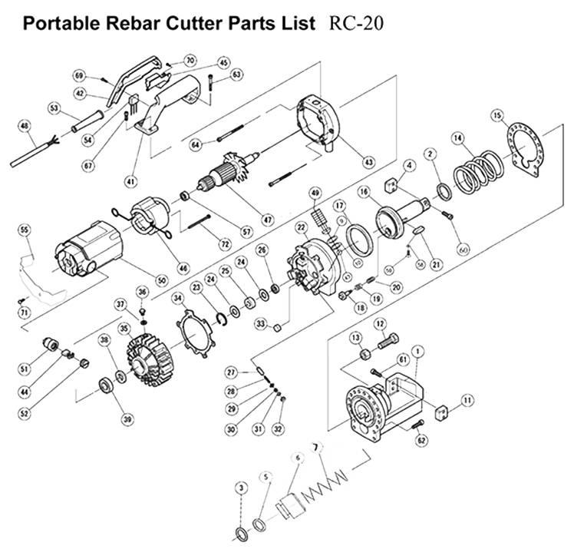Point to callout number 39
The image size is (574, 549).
(127, 418)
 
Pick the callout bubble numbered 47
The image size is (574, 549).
(267, 220)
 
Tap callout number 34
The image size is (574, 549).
(177, 298)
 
